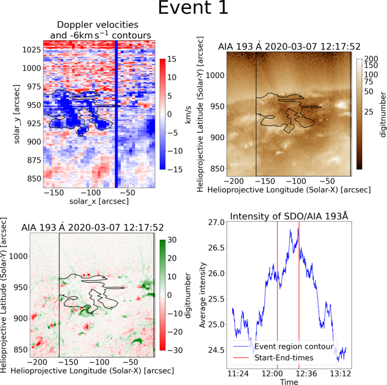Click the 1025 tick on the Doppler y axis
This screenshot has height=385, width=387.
click(x=29, y=50)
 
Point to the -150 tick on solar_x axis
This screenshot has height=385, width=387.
click(x=55, y=193)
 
